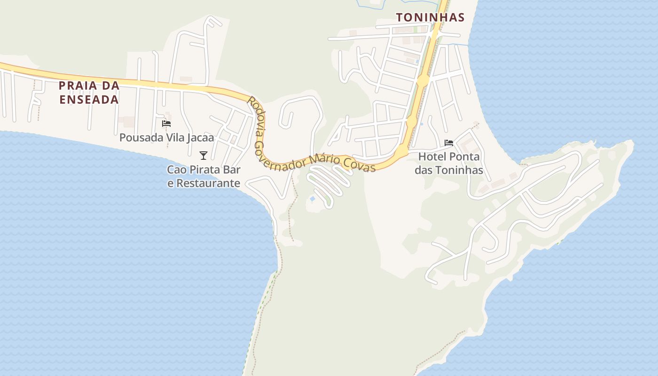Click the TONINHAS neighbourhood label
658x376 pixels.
[430, 18]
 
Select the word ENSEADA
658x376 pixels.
[89, 100]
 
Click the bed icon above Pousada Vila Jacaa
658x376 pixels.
[166, 124]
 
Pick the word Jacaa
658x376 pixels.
[201, 138]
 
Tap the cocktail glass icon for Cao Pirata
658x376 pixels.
[204, 156]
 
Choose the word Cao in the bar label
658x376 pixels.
[177, 170]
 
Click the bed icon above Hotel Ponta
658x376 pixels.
[449, 143]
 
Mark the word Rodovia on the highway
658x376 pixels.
[256, 117]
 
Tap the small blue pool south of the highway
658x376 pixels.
[313, 199]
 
